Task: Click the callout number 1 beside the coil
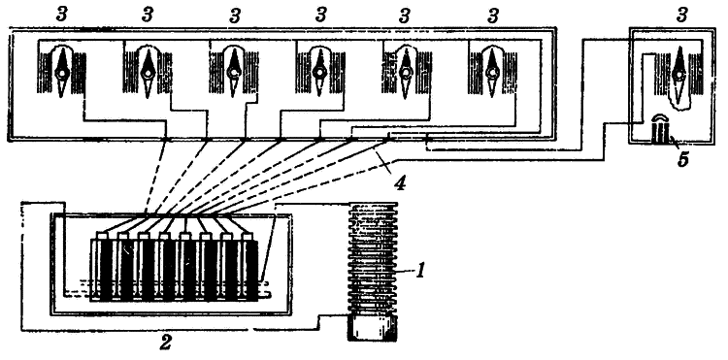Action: click(419, 270)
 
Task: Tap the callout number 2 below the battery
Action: click(165, 343)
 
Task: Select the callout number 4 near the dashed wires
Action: click(400, 182)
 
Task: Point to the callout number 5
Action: click(682, 159)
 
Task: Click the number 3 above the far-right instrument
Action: click(681, 16)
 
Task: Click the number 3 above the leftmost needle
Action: click(61, 15)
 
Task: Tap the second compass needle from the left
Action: click(148, 73)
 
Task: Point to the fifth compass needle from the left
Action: click(406, 73)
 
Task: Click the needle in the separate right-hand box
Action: click(679, 74)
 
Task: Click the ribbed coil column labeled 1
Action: click(373, 259)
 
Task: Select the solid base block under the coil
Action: click(373, 328)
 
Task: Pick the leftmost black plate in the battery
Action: click(107, 270)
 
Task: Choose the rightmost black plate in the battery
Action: click(251, 270)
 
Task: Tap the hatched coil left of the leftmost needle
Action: click(46, 72)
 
